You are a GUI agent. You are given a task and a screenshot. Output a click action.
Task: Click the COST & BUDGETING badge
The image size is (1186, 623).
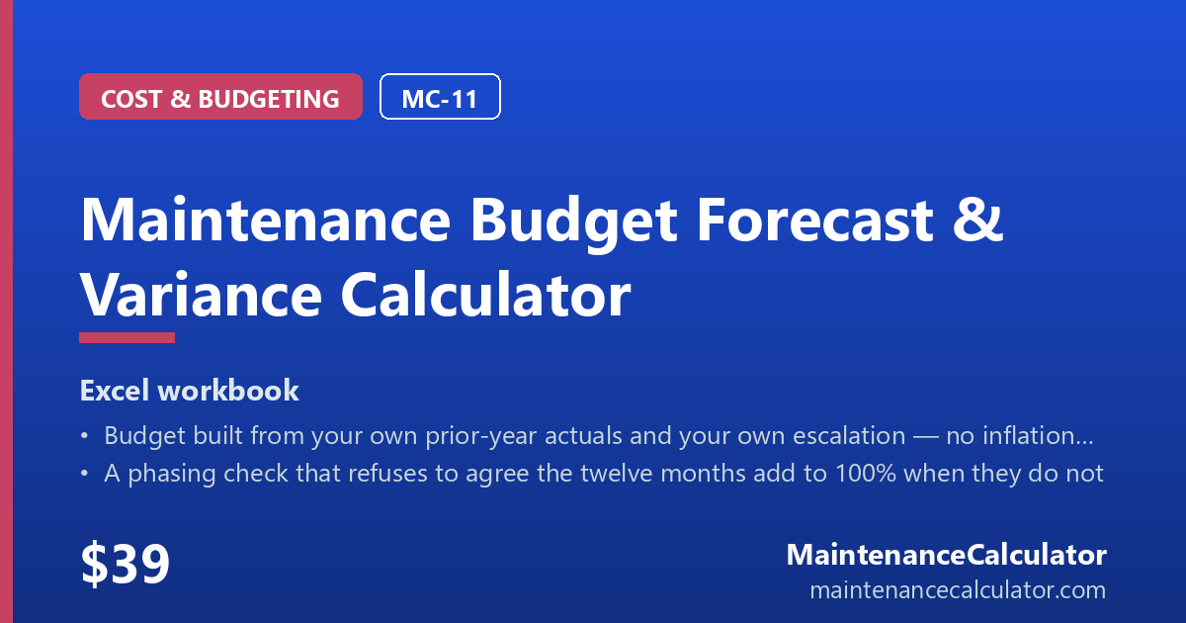point(220,97)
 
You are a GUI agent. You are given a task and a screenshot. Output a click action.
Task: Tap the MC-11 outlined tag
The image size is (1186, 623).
point(440,97)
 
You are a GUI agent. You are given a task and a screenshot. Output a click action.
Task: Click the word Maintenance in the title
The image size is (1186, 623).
point(265,220)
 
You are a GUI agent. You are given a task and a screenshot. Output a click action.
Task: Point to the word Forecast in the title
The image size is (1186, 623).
point(815,220)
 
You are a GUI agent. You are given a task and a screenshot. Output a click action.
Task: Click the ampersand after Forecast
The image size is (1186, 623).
point(977,220)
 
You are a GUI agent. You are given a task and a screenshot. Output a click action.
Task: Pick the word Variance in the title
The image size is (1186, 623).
point(201,295)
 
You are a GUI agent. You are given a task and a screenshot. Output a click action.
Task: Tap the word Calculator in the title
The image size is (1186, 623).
point(485,294)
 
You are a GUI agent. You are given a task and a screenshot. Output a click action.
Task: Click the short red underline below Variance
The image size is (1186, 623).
point(127,337)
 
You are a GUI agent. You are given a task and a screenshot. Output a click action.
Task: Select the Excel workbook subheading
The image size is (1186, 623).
point(189,391)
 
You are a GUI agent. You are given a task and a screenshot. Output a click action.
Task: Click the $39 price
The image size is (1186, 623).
point(125,563)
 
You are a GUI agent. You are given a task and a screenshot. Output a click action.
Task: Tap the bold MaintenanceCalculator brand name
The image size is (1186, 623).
point(947,555)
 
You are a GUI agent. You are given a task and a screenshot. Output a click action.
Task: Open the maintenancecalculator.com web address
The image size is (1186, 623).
point(958,590)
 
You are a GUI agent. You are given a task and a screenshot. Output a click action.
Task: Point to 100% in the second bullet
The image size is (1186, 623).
point(865,473)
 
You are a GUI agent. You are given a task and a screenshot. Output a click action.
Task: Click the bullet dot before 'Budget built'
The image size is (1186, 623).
point(84,436)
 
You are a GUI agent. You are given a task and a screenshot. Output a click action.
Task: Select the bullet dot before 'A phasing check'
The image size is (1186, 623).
point(84,474)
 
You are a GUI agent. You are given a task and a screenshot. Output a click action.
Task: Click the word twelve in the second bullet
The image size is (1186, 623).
point(620,473)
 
